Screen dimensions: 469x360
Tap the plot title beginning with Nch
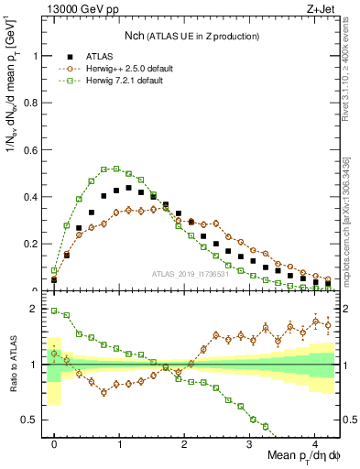click(x=192, y=36)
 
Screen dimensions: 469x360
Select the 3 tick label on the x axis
click(x=250, y=442)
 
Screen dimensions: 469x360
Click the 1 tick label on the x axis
click(x=119, y=442)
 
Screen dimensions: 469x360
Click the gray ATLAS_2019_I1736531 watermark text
click(x=190, y=275)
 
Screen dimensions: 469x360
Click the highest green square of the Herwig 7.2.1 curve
click(x=106, y=169)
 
